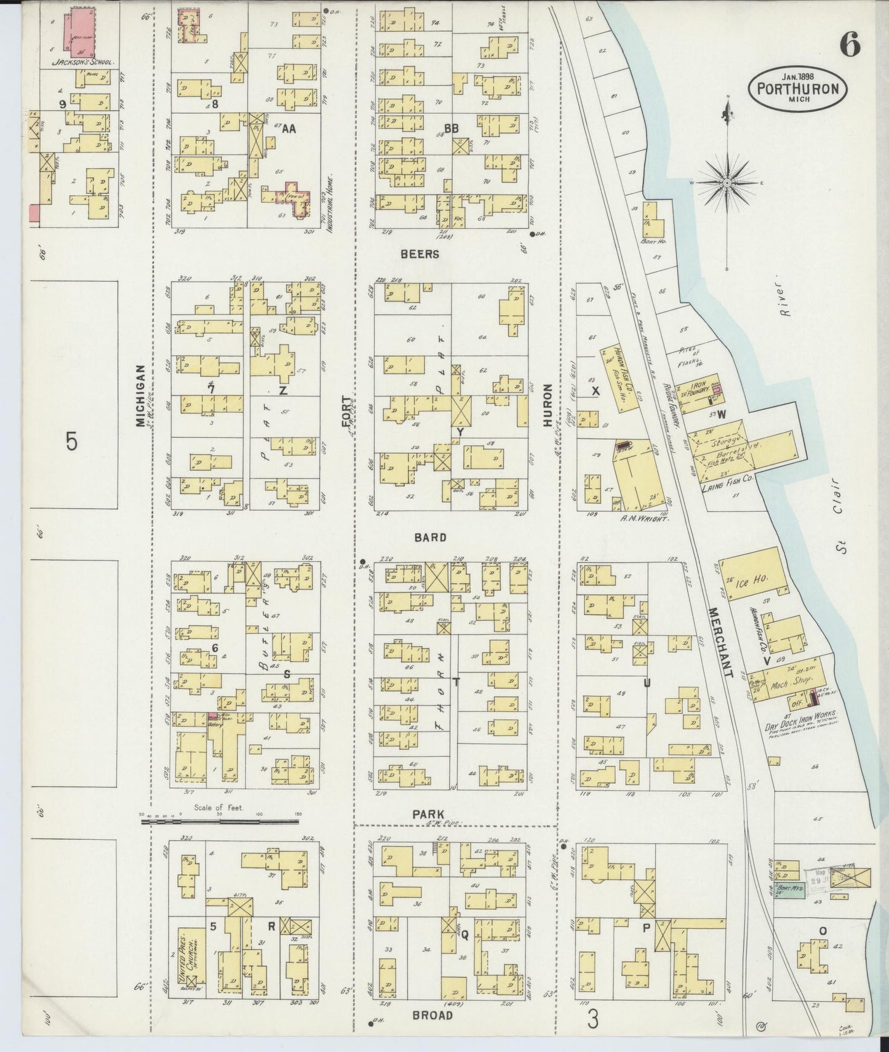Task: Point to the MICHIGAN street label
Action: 141,395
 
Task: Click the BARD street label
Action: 429,537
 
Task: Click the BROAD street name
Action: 433,1014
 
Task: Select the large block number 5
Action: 72,441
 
